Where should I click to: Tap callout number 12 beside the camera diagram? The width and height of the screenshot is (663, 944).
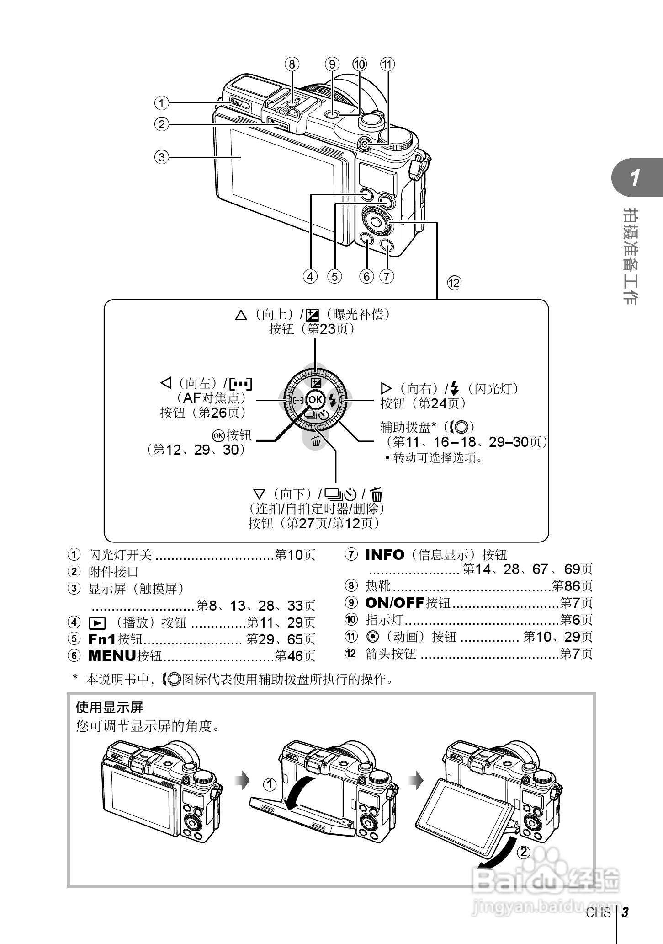tap(454, 283)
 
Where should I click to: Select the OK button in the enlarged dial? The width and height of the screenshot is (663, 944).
tap(315, 400)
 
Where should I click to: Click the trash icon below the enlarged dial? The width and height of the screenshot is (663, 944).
tap(316, 442)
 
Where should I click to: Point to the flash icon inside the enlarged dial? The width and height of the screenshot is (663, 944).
tap(333, 401)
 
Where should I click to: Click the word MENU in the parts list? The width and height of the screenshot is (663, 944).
tap(112, 656)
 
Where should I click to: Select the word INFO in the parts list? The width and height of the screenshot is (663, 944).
tap(385, 555)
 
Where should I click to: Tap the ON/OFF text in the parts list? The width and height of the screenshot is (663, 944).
tap(395, 603)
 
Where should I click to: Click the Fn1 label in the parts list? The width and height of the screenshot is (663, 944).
tap(102, 639)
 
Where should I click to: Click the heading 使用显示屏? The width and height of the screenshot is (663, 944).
tap(110, 708)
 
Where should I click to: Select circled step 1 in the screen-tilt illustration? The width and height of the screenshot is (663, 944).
tap(270, 785)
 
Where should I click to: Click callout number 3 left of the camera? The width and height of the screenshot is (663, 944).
tap(161, 157)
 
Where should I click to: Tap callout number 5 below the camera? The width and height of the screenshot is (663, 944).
tap(334, 276)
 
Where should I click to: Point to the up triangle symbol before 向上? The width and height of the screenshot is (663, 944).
tap(241, 315)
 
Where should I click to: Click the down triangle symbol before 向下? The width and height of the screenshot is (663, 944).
tap(259, 494)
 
